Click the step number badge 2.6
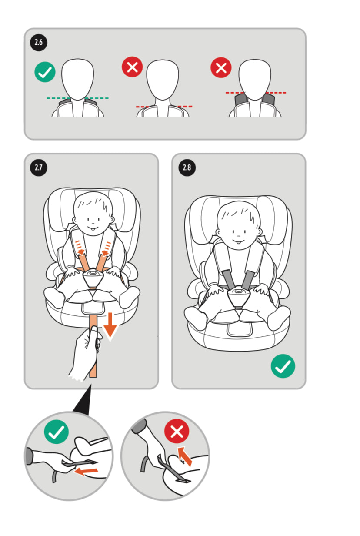39,42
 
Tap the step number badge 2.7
39,167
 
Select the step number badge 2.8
187,167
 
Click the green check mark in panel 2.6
45,72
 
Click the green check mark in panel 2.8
283,366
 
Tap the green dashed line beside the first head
78,98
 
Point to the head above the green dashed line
77,80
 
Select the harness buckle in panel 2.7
93,278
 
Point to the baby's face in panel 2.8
239,225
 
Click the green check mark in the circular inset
57,432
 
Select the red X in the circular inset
177,431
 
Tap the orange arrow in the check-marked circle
86,472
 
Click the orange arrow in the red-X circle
185,456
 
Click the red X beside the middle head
132,67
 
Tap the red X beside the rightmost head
221,67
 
